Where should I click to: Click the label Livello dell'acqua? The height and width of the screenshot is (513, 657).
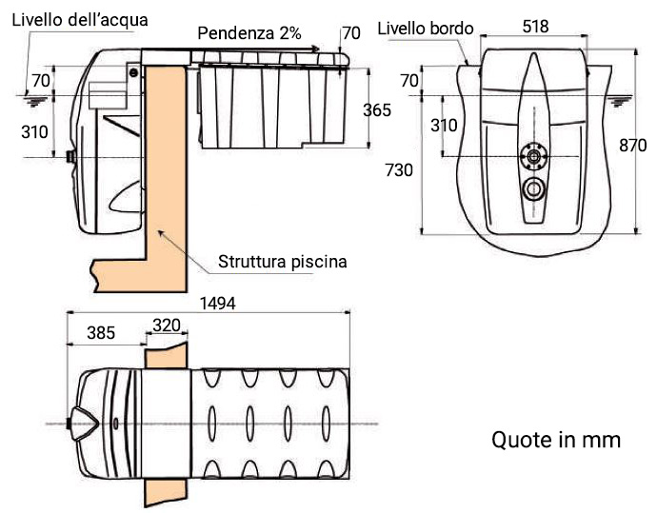point(80,19)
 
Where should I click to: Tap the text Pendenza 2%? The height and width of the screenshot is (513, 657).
point(249,33)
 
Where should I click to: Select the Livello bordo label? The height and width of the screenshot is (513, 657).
point(426,28)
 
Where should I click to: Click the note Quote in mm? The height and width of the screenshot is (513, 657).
point(556,440)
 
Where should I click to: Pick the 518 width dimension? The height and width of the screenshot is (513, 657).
point(535,27)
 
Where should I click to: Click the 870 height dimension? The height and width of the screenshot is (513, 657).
point(633,146)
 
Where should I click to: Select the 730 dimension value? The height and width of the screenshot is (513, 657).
point(398,170)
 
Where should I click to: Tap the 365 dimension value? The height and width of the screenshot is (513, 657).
point(377,110)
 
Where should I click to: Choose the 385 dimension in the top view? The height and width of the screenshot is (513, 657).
point(101,332)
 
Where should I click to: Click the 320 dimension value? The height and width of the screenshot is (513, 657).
point(167,325)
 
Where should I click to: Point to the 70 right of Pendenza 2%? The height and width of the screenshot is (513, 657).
point(351,33)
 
